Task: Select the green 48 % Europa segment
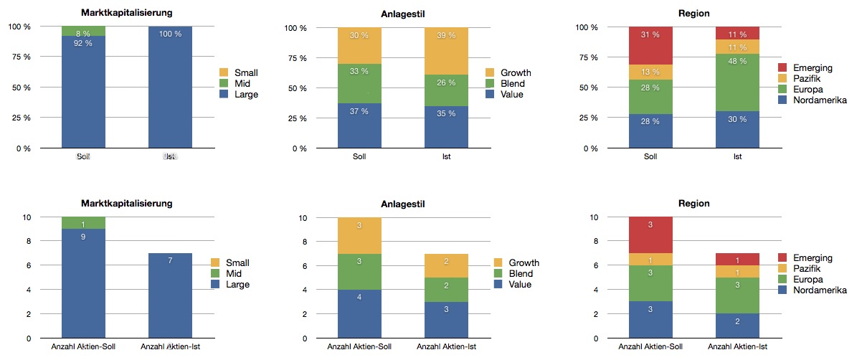point(738,82)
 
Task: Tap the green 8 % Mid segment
point(83,32)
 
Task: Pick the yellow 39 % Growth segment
point(446,51)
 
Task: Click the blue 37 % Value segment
point(359,125)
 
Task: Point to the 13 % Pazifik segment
point(650,72)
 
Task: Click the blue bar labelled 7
point(170,295)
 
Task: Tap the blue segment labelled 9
point(83,283)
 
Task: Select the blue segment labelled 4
point(359,314)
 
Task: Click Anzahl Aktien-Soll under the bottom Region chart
point(650,348)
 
